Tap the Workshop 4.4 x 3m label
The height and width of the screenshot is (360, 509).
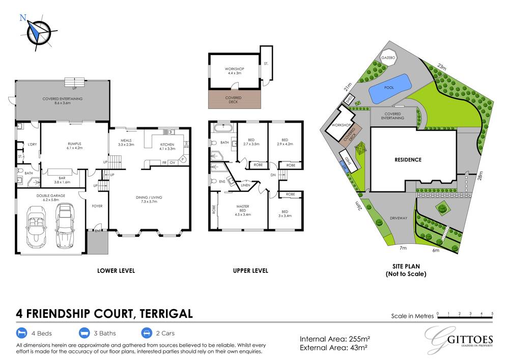point(235,71)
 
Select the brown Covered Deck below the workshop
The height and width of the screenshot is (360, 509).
point(235,99)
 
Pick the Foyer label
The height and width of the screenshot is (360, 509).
point(97,206)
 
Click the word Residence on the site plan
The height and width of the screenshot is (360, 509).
point(408,159)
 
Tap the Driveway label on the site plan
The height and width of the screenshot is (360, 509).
point(399,218)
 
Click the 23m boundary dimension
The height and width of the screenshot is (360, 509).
point(441,67)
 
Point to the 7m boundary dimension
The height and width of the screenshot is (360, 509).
point(403,248)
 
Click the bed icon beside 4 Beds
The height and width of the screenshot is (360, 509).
point(21,334)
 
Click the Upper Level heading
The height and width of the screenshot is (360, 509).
point(250,271)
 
